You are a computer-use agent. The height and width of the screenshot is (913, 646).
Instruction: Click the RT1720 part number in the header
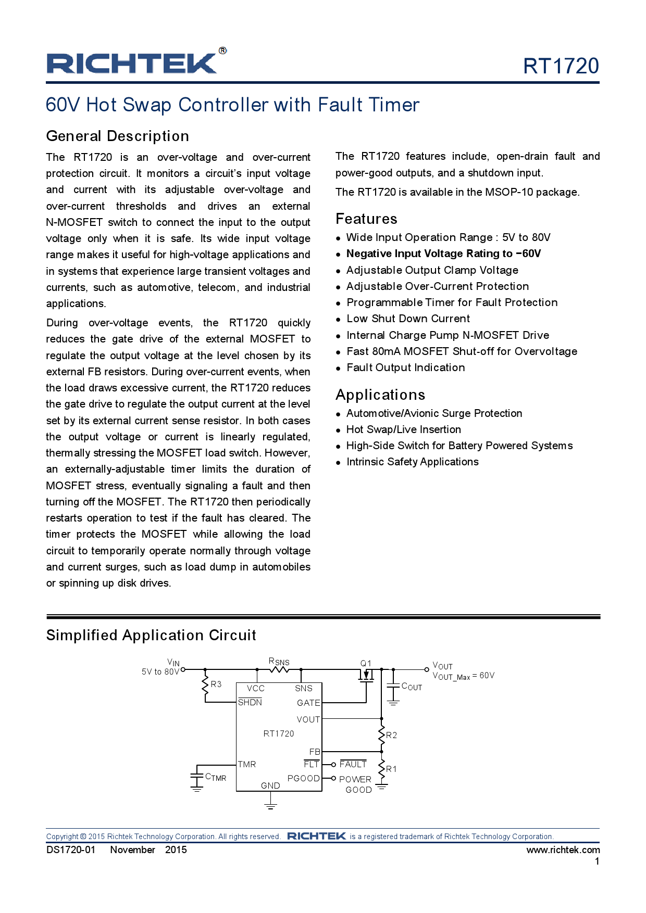coord(561,66)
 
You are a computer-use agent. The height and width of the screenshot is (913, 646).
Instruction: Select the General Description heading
coord(118,136)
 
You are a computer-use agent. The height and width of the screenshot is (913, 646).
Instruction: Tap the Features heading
coord(366,219)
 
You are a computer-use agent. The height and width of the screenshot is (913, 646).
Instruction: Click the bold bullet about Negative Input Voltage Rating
coord(443,253)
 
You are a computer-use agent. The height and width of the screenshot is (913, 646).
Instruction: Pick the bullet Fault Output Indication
coord(405,367)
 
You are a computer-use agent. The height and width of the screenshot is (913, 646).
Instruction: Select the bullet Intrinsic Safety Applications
coord(412,462)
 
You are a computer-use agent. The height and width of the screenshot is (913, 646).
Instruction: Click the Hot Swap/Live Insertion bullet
coord(403,429)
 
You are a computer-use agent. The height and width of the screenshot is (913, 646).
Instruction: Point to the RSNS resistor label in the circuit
coord(279,662)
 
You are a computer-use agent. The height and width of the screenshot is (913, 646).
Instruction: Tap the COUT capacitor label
coord(412,687)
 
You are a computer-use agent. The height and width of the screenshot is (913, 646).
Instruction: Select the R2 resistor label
coord(391,735)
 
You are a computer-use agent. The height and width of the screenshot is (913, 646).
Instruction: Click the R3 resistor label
coord(216,684)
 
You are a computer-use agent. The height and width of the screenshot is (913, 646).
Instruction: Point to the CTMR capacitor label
coord(216,777)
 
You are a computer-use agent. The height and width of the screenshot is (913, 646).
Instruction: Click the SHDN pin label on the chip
coord(250,702)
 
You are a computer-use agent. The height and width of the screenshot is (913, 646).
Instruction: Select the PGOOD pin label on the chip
coord(303,778)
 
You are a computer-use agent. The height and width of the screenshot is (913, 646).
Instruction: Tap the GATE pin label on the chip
coord(308,703)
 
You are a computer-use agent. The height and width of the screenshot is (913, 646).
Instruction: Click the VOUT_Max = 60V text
coord(463,676)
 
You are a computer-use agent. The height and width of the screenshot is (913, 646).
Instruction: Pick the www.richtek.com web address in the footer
coord(563,850)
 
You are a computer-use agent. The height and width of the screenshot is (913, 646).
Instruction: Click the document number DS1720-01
coord(71,850)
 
